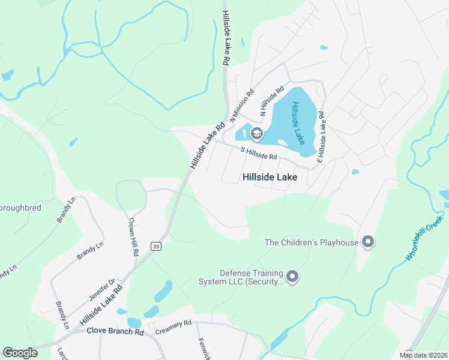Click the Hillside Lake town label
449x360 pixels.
(270, 178)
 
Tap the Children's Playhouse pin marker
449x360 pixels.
(368, 242)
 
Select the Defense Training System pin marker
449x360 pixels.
(292, 276)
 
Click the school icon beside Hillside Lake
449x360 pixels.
(256, 133)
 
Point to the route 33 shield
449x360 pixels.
(155, 246)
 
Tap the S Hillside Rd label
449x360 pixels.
(258, 154)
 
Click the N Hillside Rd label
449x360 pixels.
(271, 100)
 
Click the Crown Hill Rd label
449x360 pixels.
(133, 238)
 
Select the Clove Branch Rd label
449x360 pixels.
(115, 331)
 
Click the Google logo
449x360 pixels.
(20, 353)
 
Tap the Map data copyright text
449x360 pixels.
(423, 355)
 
